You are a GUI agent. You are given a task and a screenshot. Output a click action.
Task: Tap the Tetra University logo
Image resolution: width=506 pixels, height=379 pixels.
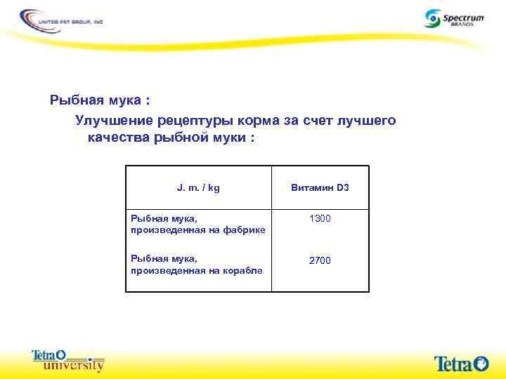[x=68, y=359]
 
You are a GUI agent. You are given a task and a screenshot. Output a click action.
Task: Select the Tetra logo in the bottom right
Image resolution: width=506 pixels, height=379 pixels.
[x=460, y=363]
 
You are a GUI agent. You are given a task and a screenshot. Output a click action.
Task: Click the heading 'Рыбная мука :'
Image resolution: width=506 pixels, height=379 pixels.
[x=99, y=100]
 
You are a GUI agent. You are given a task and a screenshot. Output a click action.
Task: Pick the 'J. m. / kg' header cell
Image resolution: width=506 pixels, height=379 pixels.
[x=198, y=188]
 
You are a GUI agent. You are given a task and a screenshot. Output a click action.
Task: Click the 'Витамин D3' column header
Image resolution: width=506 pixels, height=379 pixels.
[x=320, y=188]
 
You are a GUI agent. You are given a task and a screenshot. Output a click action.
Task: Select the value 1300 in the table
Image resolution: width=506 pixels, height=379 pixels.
[x=320, y=219]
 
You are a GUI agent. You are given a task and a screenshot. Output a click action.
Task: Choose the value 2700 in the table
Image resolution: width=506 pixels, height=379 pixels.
[x=320, y=260]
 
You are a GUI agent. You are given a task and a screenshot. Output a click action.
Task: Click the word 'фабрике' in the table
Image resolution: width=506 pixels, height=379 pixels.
[x=245, y=230]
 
